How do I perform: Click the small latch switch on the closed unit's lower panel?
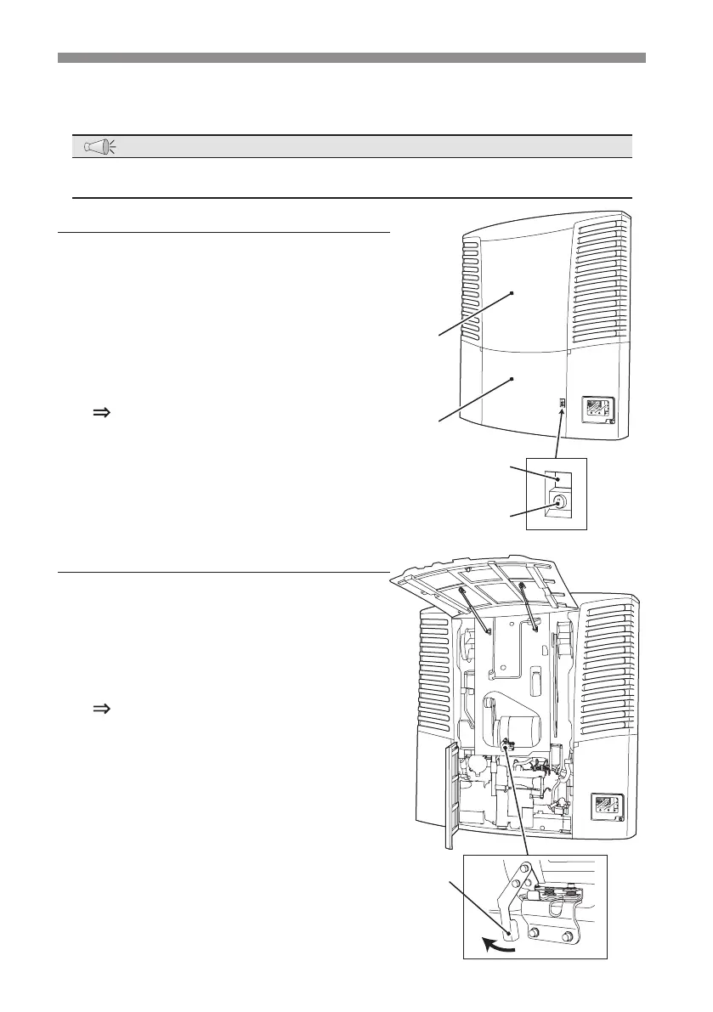[x=562, y=402]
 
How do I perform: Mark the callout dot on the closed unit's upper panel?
[x=512, y=293]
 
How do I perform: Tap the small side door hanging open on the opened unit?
[x=450, y=794]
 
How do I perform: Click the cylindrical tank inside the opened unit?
[x=523, y=730]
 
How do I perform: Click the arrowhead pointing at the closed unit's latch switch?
[x=561, y=410]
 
